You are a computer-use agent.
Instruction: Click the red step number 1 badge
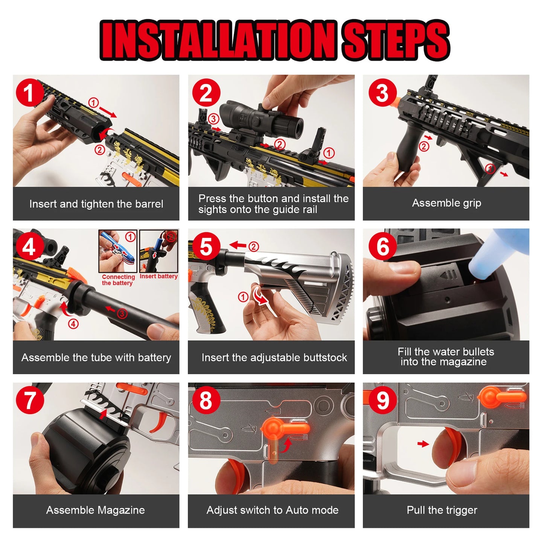pos(29,93)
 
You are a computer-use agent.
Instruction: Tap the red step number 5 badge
pos(206,247)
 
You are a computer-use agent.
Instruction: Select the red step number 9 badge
pos(382,400)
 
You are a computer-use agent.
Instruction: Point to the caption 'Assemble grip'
pos(446,203)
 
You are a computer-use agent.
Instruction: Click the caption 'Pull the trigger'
pos(442,510)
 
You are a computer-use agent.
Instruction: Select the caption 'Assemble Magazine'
pos(96,510)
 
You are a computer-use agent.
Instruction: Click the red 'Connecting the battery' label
pos(118,280)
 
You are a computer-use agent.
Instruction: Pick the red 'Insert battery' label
pos(158,276)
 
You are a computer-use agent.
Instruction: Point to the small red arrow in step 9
pos(423,444)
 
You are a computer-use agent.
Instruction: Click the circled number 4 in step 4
pos(73,324)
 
